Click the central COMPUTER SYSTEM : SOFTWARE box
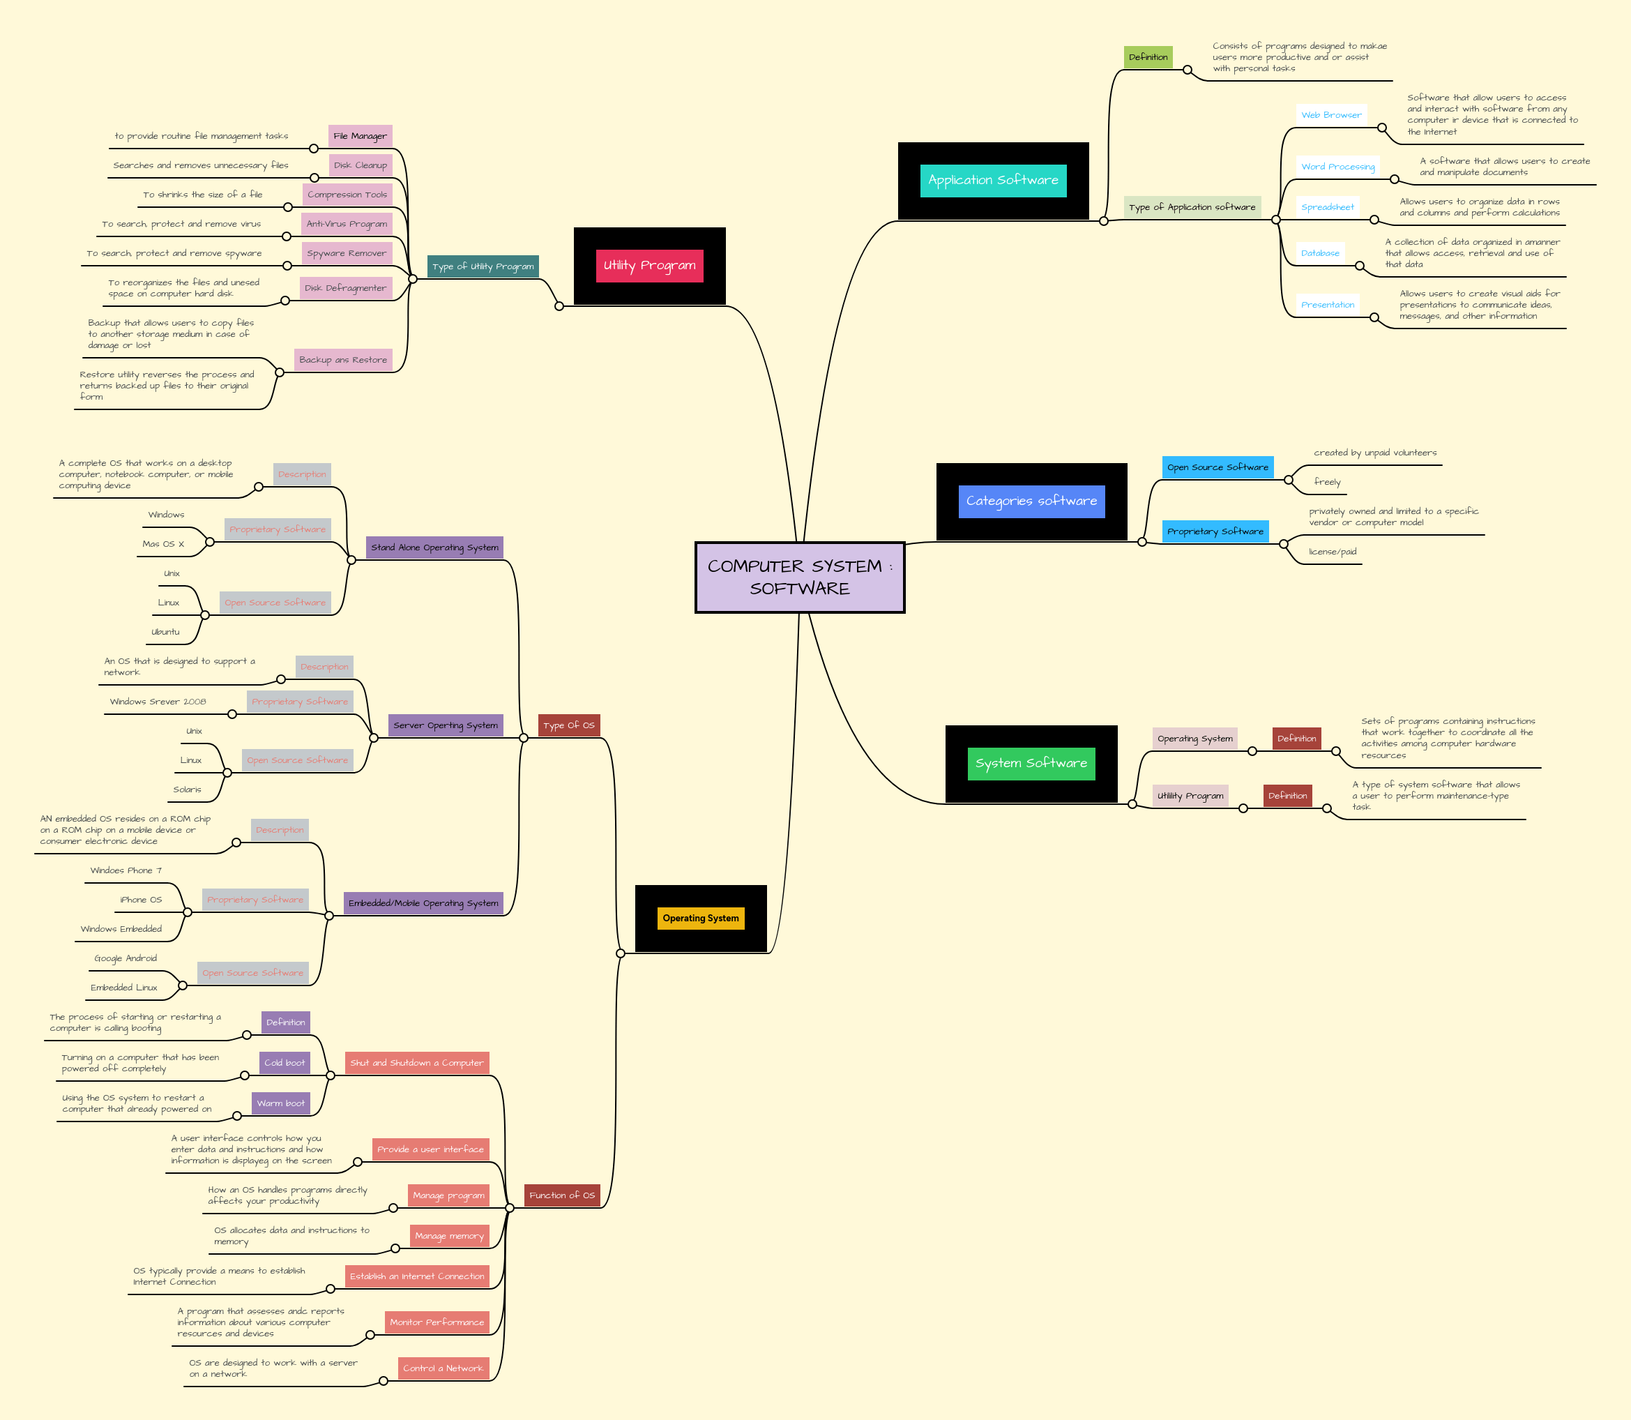click(x=799, y=577)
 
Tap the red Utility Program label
click(x=650, y=266)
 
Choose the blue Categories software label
click(x=1031, y=501)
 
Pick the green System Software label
click(x=1031, y=763)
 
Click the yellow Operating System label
click(x=700, y=918)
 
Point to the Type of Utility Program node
click(x=483, y=266)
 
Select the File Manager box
click(x=361, y=136)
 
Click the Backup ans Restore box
click(x=343, y=360)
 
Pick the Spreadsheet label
click(x=1327, y=207)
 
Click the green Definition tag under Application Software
click(x=1148, y=57)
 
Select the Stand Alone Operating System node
click(x=434, y=547)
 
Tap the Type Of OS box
click(x=569, y=725)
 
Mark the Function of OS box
click(x=561, y=1195)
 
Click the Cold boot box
click(x=285, y=1063)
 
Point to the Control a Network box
click(x=443, y=1368)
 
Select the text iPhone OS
click(x=141, y=900)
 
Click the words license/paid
click(x=1333, y=552)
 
